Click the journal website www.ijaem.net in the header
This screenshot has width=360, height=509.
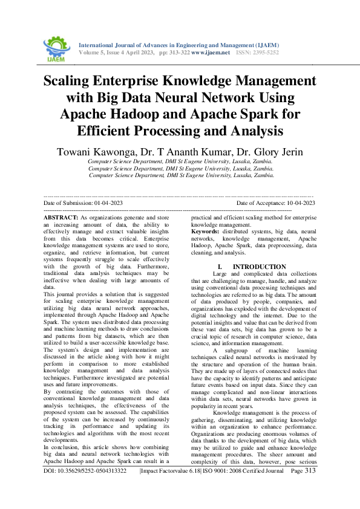[x=211, y=53]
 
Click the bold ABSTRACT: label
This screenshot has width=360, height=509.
[x=61, y=216]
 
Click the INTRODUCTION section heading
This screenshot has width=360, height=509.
[x=260, y=267]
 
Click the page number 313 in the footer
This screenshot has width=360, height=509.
[x=310, y=487]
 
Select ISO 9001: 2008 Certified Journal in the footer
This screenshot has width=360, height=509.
[x=241, y=487]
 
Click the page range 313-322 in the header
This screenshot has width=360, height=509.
[x=175, y=53]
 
